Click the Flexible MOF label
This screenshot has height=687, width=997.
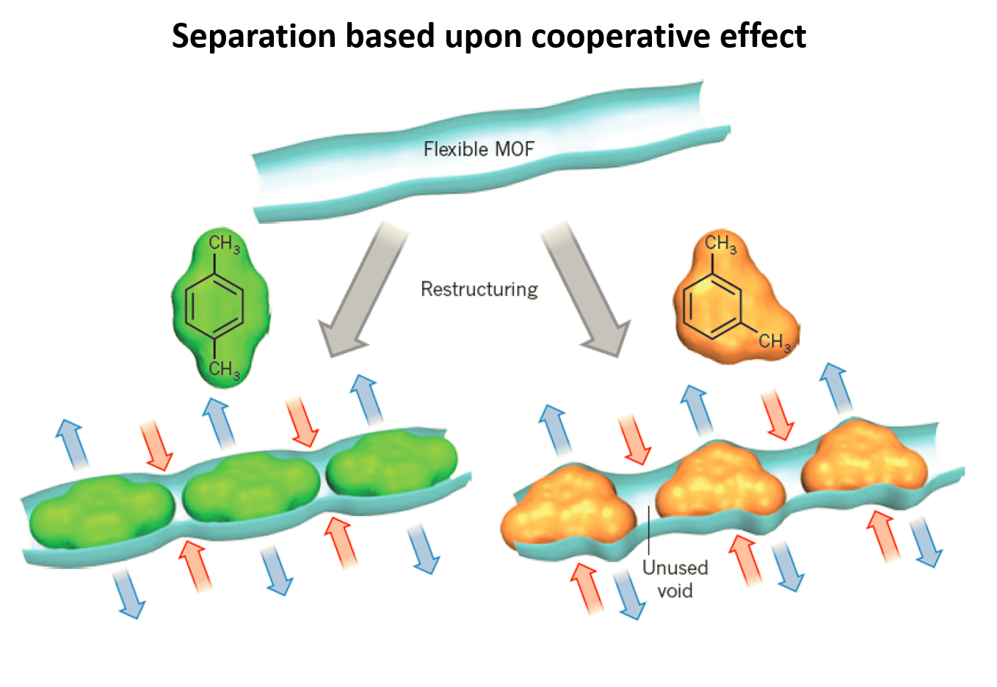click(x=479, y=150)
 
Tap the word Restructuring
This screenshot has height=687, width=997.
click(x=480, y=289)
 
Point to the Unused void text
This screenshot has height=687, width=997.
click(x=675, y=578)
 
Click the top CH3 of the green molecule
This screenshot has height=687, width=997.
click(x=224, y=244)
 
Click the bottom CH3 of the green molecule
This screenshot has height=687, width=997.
click(x=224, y=368)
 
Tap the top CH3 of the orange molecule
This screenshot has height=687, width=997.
click(x=720, y=244)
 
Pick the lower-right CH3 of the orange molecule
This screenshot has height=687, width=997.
click(x=775, y=341)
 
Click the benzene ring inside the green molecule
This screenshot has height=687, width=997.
click(x=213, y=305)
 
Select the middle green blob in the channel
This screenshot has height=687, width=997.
click(x=249, y=484)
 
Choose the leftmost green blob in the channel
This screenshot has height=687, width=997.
click(x=101, y=514)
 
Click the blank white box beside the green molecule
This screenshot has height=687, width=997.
click(x=93, y=313)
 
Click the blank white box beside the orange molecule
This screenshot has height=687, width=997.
click(x=865, y=313)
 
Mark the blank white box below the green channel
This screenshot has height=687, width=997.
click(x=250, y=639)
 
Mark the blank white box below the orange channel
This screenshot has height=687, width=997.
click(x=783, y=638)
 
